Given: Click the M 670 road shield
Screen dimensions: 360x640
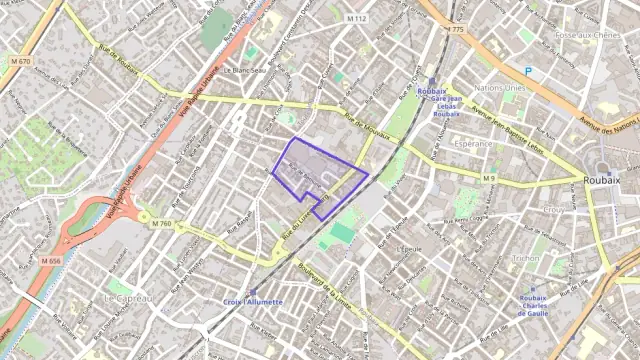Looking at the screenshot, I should click(x=20, y=61).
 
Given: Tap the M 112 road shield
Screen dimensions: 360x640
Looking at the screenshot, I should click(x=357, y=19).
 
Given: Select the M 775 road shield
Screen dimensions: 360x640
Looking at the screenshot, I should click(x=456, y=29).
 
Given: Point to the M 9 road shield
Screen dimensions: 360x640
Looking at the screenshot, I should click(x=489, y=178).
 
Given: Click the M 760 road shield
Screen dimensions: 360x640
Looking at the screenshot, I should click(x=163, y=223).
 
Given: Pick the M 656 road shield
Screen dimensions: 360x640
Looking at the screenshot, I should click(x=51, y=260).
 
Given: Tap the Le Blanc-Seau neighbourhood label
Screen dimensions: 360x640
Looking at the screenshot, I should click(x=244, y=70).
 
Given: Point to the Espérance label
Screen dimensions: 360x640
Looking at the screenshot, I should click(x=472, y=144).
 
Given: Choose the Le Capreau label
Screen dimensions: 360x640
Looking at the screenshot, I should click(x=130, y=298).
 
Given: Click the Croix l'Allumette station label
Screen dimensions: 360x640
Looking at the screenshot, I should click(x=252, y=301).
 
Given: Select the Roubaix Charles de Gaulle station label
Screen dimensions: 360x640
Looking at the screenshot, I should click(x=534, y=304).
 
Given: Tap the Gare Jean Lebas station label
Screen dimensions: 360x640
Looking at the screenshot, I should click(x=446, y=100).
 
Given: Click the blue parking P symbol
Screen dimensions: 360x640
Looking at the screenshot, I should click(x=528, y=71).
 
